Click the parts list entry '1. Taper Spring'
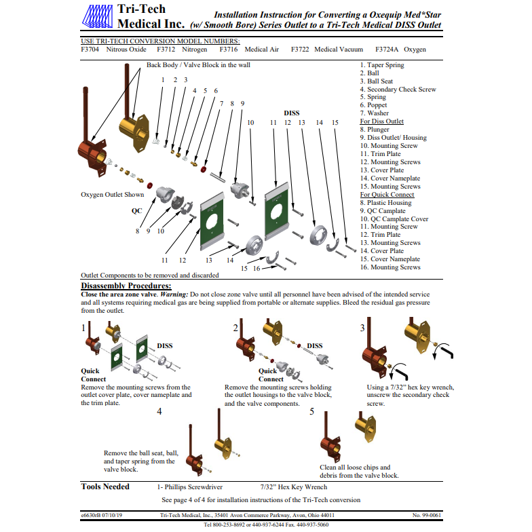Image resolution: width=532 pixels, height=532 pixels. click(x=381, y=65)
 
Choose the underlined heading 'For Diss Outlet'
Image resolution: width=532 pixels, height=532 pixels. click(x=381, y=121)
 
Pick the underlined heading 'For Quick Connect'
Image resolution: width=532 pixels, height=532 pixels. click(x=387, y=195)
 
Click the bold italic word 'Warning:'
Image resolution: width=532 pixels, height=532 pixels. click(x=174, y=294)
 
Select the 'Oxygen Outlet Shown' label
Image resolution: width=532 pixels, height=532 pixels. click(x=112, y=195)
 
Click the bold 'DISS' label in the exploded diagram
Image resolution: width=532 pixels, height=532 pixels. click(x=291, y=113)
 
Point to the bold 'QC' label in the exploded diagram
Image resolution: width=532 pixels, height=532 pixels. click(x=136, y=210)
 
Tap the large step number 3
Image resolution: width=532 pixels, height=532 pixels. click(x=362, y=328)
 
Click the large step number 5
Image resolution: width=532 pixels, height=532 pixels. click(x=311, y=412)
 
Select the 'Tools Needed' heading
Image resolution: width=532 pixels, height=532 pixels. click(x=105, y=487)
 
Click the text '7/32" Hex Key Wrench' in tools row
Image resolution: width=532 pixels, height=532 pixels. click(x=293, y=487)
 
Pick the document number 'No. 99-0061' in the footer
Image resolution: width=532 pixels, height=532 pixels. click(x=427, y=516)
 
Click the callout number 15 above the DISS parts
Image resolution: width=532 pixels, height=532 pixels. click(x=335, y=123)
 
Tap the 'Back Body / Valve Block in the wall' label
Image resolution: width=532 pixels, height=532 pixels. click(x=198, y=65)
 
